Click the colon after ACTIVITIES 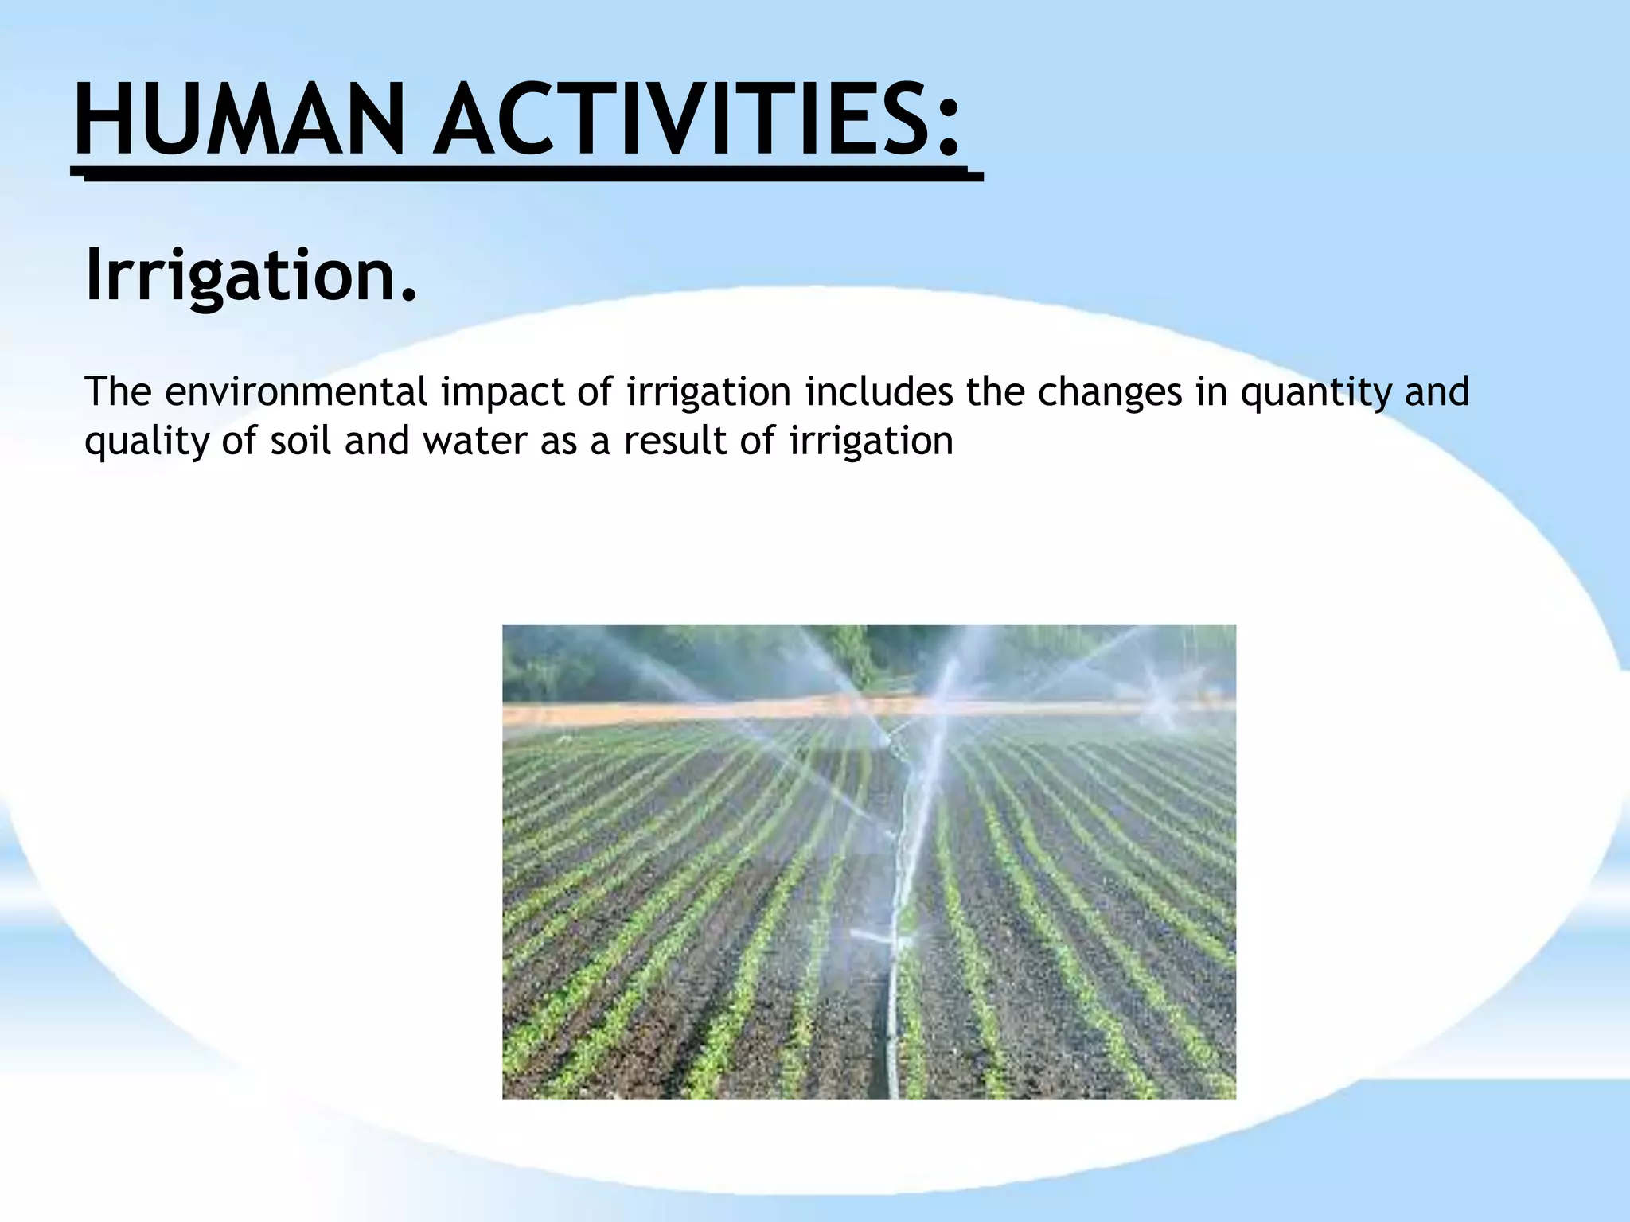[x=946, y=127]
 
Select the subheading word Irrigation [x=239, y=274]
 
